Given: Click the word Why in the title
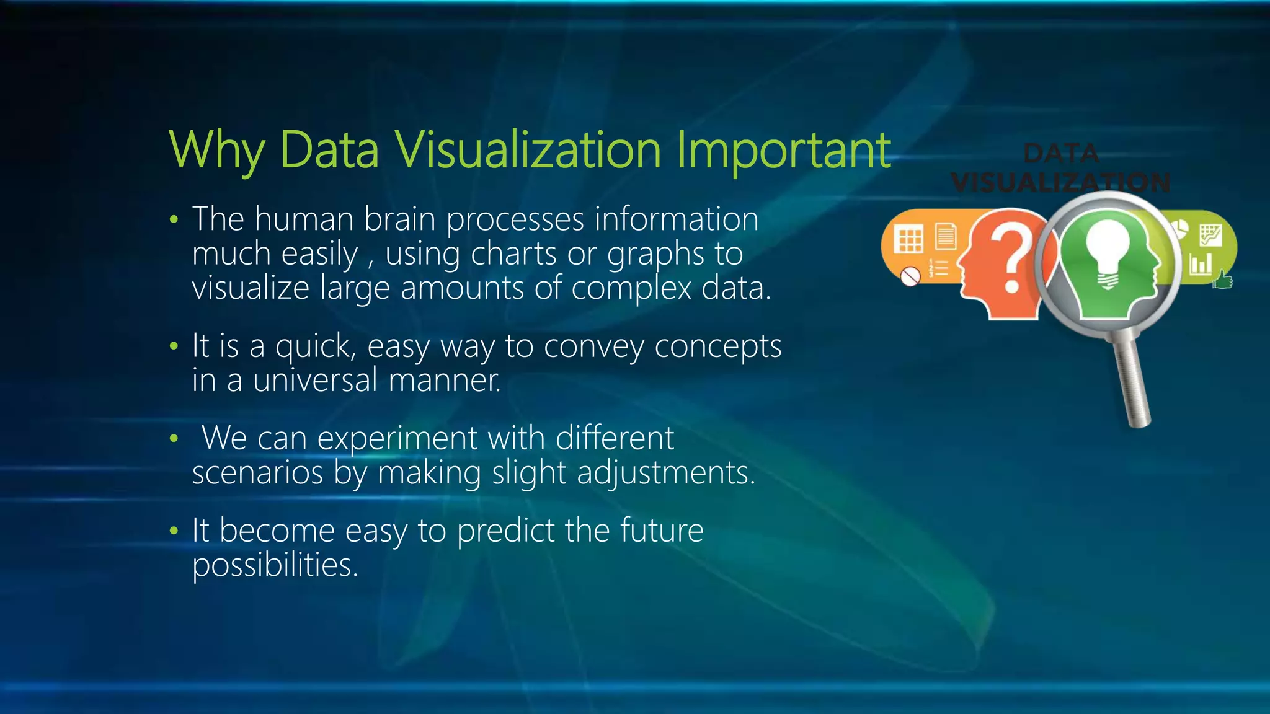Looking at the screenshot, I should pos(216,151).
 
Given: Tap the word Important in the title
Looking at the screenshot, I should pos(783,151).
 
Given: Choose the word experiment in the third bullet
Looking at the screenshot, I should pos(397,438).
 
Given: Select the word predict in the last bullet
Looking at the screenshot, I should pos(505,531).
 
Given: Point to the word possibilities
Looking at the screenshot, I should pos(275,565).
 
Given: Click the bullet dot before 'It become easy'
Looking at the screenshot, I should pos(174,531).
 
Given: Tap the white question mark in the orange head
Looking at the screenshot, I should pos(1011,257).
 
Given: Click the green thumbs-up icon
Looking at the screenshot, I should pos(1222,280).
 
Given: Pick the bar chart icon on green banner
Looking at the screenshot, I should pos(1201,264).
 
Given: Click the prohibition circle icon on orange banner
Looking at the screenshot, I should pos(910,276).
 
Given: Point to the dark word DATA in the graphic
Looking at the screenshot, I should pos(1061,153).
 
